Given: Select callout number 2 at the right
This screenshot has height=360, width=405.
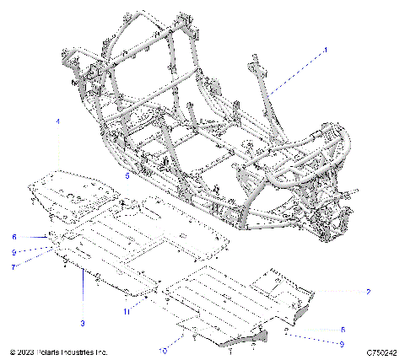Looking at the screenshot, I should click(369, 292).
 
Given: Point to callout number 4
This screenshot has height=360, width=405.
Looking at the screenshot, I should click(58, 123).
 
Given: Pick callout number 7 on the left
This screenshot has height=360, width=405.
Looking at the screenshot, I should click(14, 267).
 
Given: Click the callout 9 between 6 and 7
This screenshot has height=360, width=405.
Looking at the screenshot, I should click(14, 252).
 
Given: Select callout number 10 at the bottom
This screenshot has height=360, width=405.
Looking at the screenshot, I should click(163, 348).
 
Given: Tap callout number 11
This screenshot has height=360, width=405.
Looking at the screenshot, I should click(127, 311).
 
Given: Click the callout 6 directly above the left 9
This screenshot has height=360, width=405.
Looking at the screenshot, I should click(14, 237).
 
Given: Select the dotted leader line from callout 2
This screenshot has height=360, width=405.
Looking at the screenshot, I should click(337, 291).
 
